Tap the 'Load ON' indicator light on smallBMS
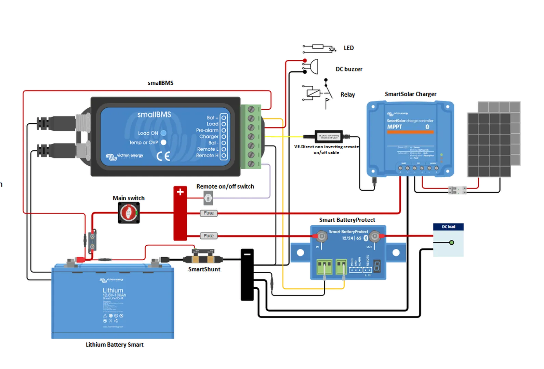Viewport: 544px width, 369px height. pos(163,133)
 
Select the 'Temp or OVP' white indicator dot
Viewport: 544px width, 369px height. pos(163,142)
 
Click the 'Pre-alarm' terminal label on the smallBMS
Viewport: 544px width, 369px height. pos(207,130)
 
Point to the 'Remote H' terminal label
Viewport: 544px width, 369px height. pos(207,155)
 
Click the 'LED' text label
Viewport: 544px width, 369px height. pos(349,48)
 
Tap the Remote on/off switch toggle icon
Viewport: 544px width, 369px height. pos(208,198)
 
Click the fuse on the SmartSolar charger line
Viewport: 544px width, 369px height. pos(209,213)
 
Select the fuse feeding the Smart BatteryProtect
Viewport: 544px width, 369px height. pos(209,236)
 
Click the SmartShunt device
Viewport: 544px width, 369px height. pos(204,258)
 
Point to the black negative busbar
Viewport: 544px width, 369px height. pos(247,275)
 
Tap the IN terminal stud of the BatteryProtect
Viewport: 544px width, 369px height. pos(321,236)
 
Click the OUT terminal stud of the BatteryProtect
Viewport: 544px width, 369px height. pos(375,236)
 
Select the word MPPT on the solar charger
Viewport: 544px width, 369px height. pos(395,127)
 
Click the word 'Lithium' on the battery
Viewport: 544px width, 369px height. pos(113,290)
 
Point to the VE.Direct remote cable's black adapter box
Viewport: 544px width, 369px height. pos(329,136)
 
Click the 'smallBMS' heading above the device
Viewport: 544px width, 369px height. pos(161,83)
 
